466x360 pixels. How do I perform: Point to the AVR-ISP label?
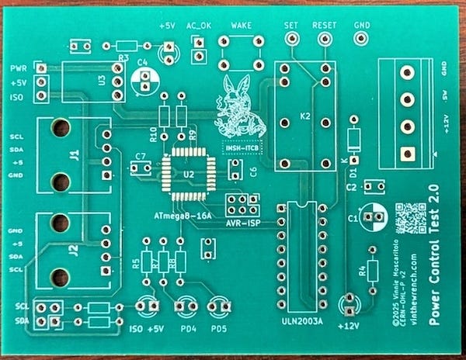coord(242,223)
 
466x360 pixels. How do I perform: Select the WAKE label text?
coord(242,26)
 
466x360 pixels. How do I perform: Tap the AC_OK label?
coord(199,26)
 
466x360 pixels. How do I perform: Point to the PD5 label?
coord(218,327)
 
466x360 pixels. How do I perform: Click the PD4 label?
coord(186,327)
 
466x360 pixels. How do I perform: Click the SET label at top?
coord(292,26)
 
